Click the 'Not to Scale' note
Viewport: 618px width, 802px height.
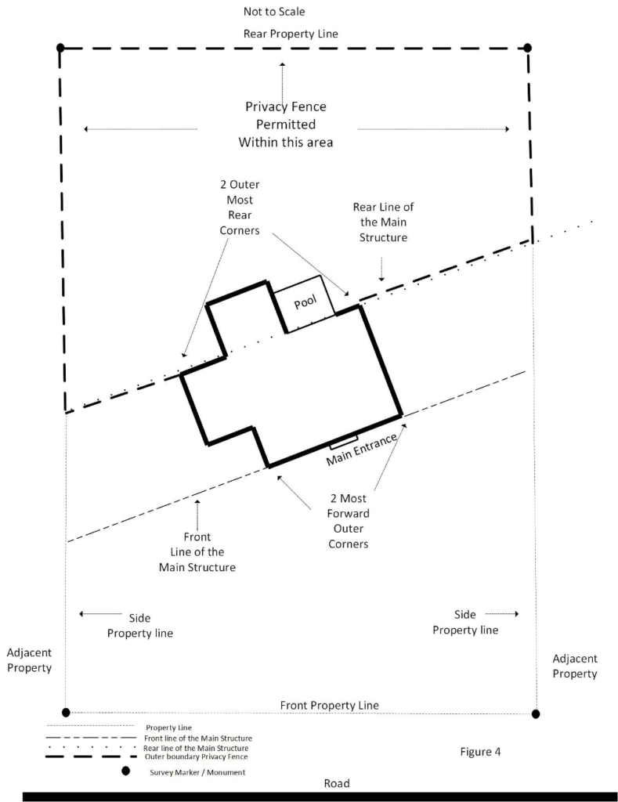(x=273, y=12)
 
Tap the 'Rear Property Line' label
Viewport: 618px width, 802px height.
(x=291, y=34)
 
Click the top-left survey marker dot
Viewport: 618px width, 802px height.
(x=60, y=49)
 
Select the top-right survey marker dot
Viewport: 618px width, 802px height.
(x=528, y=48)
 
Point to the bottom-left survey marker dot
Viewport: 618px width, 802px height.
(x=66, y=712)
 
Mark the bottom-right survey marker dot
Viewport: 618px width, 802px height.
(x=536, y=713)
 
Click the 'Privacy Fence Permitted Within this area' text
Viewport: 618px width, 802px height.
(x=286, y=125)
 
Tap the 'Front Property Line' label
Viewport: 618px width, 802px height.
(x=329, y=705)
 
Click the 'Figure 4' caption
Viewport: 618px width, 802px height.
(x=480, y=752)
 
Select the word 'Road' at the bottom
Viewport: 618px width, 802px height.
(x=337, y=783)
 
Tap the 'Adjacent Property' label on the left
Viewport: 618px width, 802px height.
(x=29, y=659)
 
